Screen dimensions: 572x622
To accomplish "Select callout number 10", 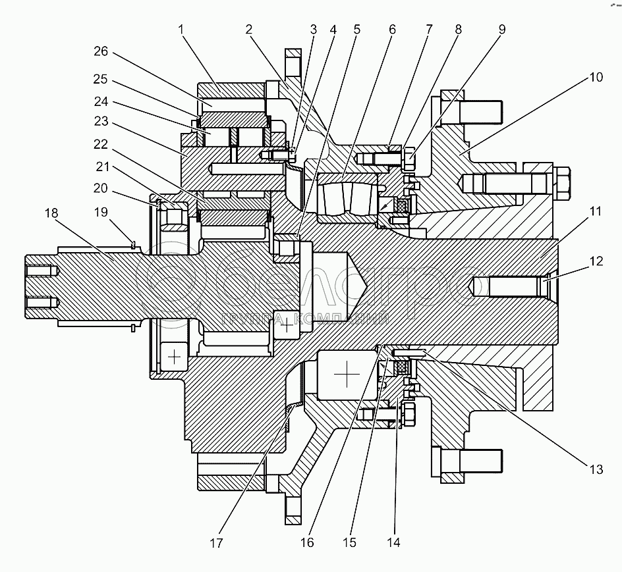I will (x=596, y=78).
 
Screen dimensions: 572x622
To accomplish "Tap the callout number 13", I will (x=596, y=469).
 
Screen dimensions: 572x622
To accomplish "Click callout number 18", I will (x=51, y=214).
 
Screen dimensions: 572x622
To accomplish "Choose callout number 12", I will (x=596, y=262).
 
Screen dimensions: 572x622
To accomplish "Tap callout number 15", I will (x=350, y=543).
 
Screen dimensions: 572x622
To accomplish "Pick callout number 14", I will (x=394, y=543).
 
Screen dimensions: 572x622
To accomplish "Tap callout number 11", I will (x=596, y=212).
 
